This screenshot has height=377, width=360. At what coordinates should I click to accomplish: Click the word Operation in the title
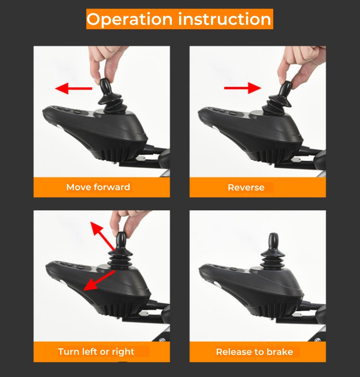pyautogui.click(x=130, y=19)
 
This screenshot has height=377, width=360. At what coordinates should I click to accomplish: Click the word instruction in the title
pyautogui.click(x=225, y=19)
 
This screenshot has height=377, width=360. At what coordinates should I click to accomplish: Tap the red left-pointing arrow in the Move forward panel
pyautogui.click(x=73, y=88)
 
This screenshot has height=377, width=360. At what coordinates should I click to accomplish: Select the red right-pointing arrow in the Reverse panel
pyautogui.click(x=243, y=88)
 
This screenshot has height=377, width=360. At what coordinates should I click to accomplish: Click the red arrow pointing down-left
pyautogui.click(x=99, y=280)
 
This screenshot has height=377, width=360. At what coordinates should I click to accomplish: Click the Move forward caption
pyautogui.click(x=98, y=187)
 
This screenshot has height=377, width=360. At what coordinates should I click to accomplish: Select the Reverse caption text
pyautogui.click(x=246, y=187)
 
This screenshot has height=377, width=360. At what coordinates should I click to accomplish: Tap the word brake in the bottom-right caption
pyautogui.click(x=279, y=352)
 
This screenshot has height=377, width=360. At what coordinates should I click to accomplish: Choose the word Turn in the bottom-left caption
pyautogui.click(x=69, y=351)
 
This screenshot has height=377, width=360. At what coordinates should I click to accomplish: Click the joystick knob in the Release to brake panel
pyautogui.click(x=273, y=242)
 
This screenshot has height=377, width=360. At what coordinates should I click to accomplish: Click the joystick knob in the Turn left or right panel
pyautogui.click(x=121, y=241)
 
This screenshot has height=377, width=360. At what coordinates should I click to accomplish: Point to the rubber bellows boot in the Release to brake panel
pyautogui.click(x=273, y=259)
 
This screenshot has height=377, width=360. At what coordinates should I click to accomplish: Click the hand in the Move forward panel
pyautogui.click(x=106, y=63)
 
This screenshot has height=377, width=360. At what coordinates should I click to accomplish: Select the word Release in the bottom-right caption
pyautogui.click(x=233, y=352)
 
